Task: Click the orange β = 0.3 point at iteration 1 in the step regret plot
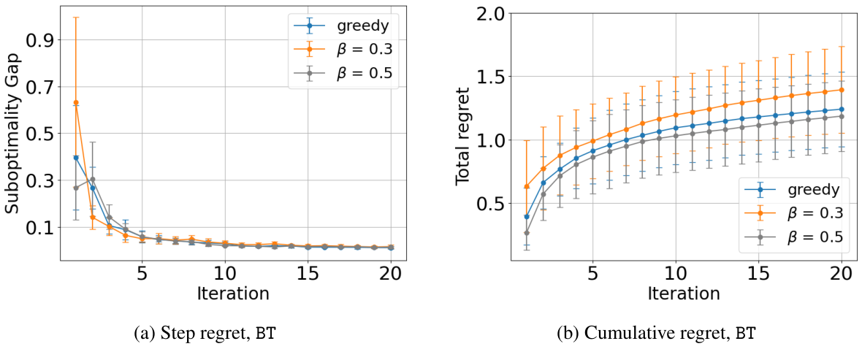pos(76,102)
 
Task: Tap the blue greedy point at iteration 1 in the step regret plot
pos(76,158)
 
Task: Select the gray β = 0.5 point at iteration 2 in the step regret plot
pos(92,179)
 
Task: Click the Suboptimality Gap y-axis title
pos(12,138)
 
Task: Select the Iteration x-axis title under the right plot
pos(684,294)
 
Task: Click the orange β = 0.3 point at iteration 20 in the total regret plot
pos(842,90)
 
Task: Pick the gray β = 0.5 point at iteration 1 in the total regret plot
pos(526,233)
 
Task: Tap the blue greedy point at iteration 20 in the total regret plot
pos(842,109)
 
